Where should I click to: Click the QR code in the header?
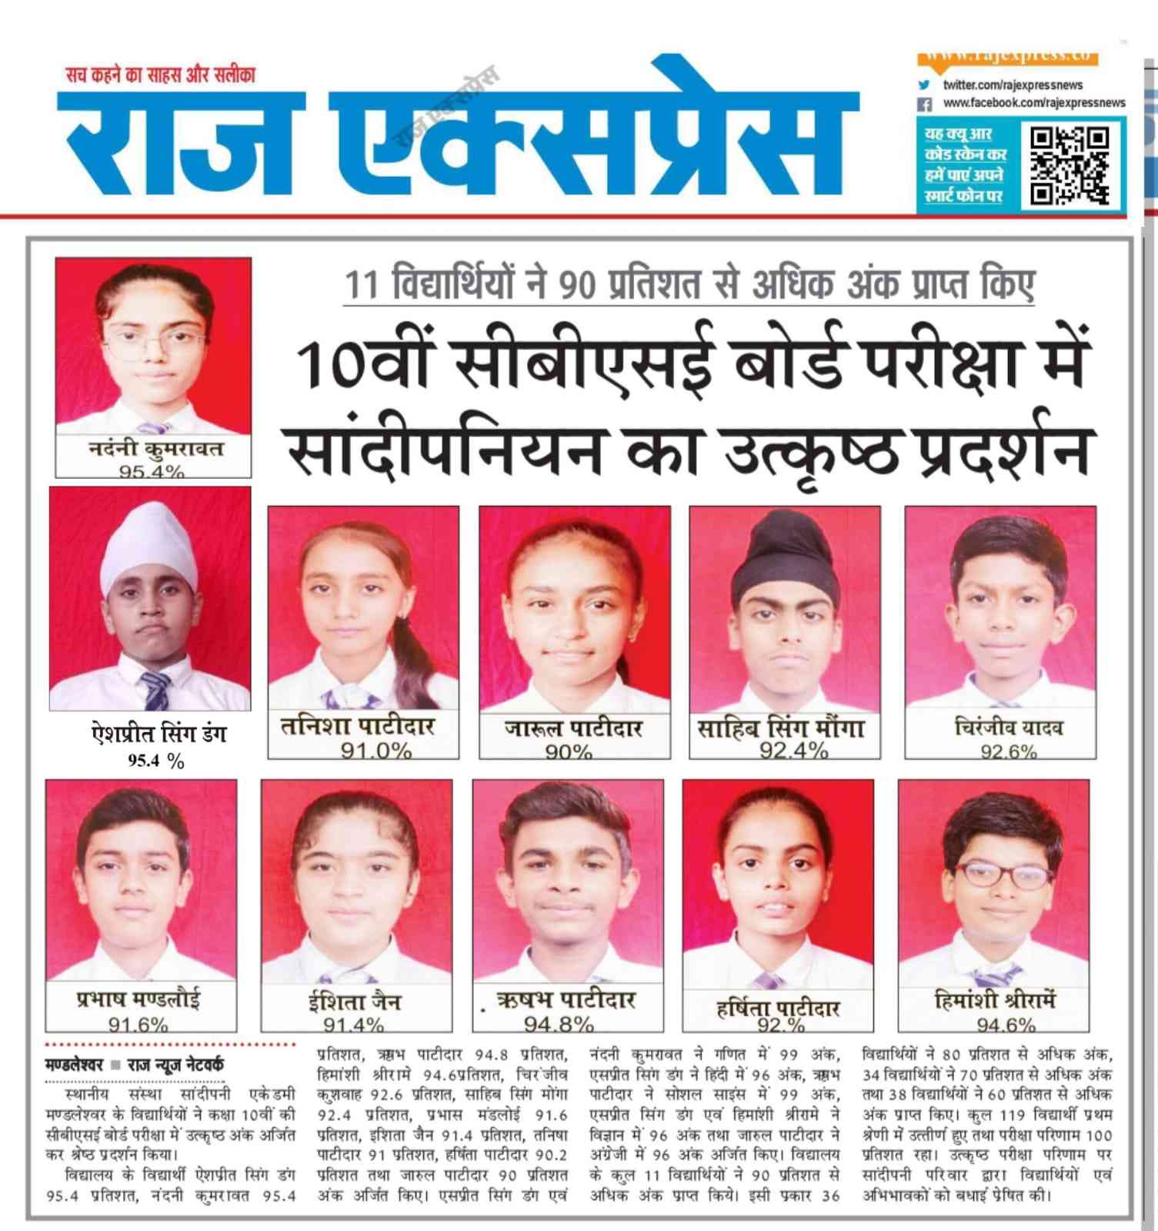[1070, 166]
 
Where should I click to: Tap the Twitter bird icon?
[925, 85]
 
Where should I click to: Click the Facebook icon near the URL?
[926, 103]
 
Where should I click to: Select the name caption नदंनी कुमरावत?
[154, 448]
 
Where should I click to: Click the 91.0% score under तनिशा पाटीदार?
[376, 750]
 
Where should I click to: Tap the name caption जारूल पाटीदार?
[573, 728]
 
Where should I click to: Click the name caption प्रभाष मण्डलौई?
[138, 999]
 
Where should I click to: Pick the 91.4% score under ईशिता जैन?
[353, 1024]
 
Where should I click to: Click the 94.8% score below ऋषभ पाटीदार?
[559, 1024]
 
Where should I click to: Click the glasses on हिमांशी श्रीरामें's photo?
[999, 875]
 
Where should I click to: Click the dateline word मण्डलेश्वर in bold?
[74, 1065]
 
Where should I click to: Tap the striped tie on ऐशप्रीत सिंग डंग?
[155, 691]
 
